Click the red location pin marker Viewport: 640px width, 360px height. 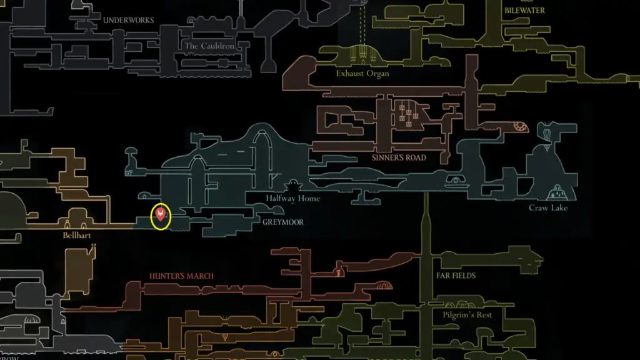tap(161, 216)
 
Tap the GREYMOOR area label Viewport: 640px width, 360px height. tap(282, 221)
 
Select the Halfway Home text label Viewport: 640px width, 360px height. tap(292, 199)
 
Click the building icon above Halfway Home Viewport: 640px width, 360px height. tap(292, 186)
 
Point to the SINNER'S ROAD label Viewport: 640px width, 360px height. tap(399, 158)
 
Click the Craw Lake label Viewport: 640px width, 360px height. tap(549, 208)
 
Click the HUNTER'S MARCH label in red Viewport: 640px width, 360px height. tap(181, 276)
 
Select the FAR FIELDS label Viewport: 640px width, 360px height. tap(456, 276)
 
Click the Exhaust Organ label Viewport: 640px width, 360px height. tap(362, 74)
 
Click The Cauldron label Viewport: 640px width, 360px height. tap(209, 46)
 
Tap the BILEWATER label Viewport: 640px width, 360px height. tap(524, 11)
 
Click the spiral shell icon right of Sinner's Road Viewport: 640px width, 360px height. tap(520, 128)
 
